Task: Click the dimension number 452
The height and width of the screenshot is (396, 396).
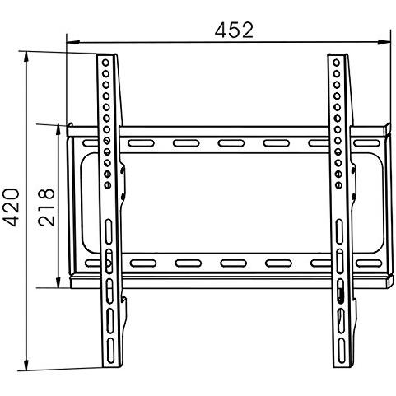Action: tap(234, 30)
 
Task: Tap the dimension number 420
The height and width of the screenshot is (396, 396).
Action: tap(12, 207)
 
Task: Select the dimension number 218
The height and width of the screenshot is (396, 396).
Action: tap(46, 207)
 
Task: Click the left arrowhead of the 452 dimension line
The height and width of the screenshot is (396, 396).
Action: tap(73, 42)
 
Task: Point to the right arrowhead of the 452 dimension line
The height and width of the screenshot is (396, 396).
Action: tap(384, 42)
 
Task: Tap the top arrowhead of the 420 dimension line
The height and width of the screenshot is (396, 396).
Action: tap(26, 58)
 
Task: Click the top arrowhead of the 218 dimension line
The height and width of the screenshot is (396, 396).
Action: tap(58, 131)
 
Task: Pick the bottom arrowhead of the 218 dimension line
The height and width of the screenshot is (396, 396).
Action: tap(58, 282)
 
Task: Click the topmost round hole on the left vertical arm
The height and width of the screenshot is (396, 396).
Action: tap(105, 63)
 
